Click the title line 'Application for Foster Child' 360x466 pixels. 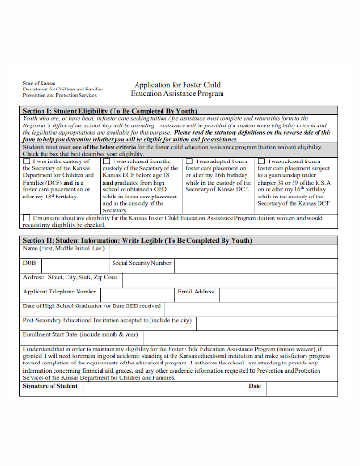click(x=178, y=83)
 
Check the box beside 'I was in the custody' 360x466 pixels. click(x=27, y=161)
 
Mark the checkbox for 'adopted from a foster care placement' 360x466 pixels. click(x=189, y=161)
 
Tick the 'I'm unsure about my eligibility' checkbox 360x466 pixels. click(x=27, y=218)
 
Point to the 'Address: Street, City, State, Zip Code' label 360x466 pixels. click(x=70, y=276)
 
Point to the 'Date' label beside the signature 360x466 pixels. click(x=254, y=385)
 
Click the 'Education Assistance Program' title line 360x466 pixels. click(x=178, y=93)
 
